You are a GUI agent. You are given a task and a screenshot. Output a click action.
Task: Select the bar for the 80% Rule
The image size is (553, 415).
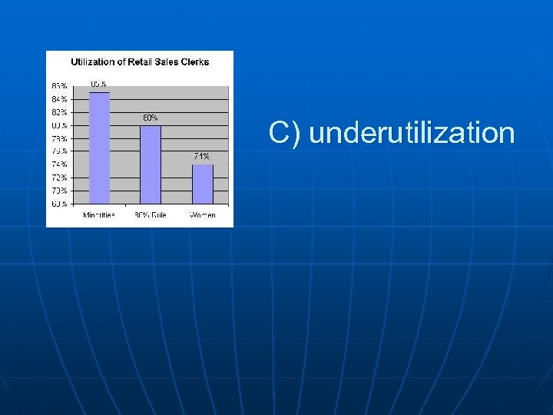click(x=151, y=164)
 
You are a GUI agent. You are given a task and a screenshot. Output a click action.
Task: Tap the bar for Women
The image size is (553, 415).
click(x=202, y=184)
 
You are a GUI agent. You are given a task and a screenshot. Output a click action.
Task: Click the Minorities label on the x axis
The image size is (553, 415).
click(x=99, y=215)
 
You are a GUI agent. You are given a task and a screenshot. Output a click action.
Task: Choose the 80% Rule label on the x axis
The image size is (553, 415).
click(x=151, y=215)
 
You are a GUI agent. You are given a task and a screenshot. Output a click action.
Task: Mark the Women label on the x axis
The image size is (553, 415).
click(x=202, y=215)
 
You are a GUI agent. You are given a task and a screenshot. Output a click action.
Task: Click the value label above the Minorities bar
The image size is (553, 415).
click(x=98, y=84)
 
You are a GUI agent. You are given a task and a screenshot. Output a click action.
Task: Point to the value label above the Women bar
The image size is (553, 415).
click(x=201, y=156)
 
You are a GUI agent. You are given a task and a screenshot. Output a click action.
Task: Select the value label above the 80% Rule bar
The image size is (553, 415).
click(x=151, y=118)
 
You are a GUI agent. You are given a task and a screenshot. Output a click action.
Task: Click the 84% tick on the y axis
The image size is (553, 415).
click(x=59, y=99)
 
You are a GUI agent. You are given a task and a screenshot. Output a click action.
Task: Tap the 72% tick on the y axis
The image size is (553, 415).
click(x=59, y=178)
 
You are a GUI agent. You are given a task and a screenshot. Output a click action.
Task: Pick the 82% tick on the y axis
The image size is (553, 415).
click(x=59, y=112)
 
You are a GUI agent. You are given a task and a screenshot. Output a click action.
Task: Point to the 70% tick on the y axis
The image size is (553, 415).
click(x=59, y=191)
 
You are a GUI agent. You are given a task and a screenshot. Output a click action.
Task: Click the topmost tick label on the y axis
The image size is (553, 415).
click(x=59, y=86)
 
